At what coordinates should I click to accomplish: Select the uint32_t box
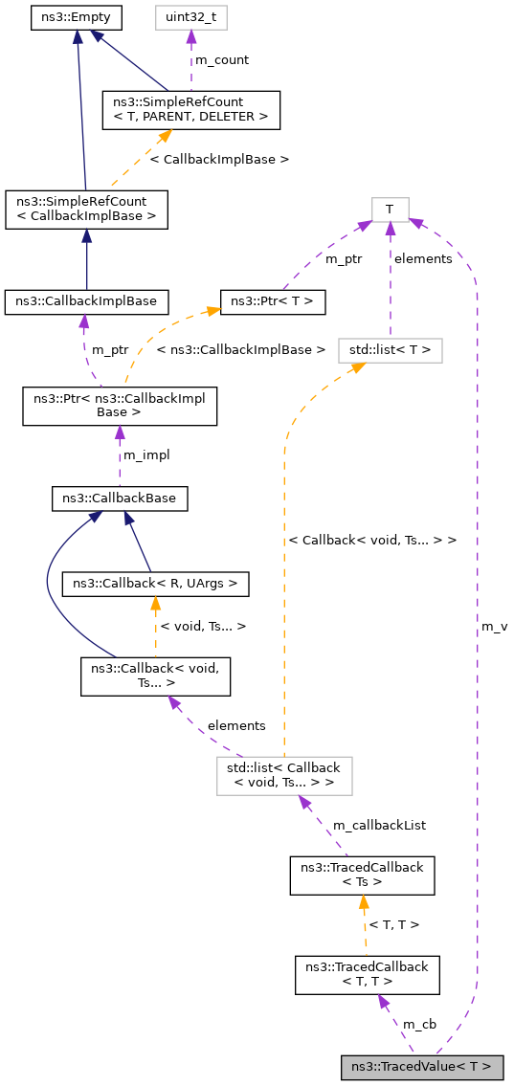pyautogui.click(x=190, y=17)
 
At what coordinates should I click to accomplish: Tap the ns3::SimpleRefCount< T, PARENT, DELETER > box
pyautogui.click(x=190, y=109)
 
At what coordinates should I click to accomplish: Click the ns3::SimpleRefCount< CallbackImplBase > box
pyautogui.click(x=86, y=209)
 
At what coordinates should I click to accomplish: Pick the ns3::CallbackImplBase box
pyautogui.click(x=86, y=301)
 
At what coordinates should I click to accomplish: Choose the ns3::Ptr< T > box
pyautogui.click(x=274, y=301)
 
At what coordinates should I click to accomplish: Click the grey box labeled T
pyautogui.click(x=390, y=209)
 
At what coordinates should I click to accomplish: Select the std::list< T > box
pyautogui.click(x=390, y=351)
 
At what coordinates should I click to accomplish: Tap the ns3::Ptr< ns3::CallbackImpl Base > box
pyautogui.click(x=120, y=405)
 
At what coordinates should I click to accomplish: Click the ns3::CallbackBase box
pyautogui.click(x=120, y=499)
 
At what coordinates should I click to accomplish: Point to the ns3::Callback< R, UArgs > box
pyautogui.click(x=155, y=582)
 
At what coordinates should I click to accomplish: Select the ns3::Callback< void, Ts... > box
pyautogui.click(x=155, y=676)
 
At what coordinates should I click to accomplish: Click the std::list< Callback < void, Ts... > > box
pyautogui.click(x=284, y=775)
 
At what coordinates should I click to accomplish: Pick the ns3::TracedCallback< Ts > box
pyautogui.click(x=363, y=875)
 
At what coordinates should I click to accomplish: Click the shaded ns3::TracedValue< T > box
pyautogui.click(x=421, y=1067)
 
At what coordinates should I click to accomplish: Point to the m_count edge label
pyautogui.click(x=221, y=60)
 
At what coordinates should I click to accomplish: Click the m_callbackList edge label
pyautogui.click(x=379, y=825)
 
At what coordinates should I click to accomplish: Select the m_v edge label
pyautogui.click(x=494, y=626)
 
